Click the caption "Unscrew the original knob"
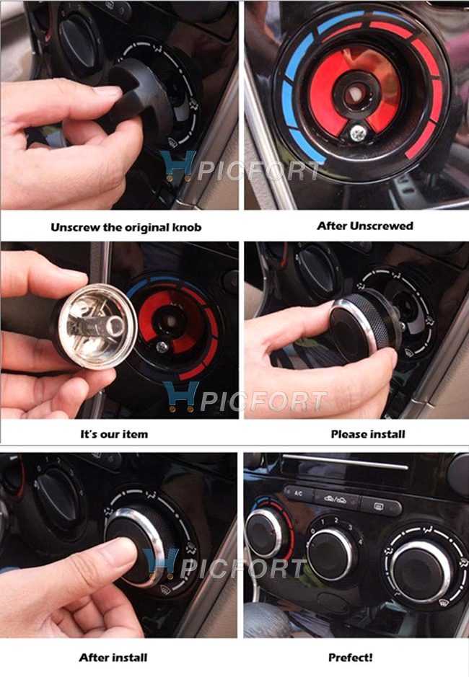pos(126,227)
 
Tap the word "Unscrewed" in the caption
pos(382,226)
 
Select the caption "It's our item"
pos(114,434)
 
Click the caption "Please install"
pos(368,434)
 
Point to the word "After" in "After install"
pos(92,658)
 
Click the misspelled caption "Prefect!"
pos(351,658)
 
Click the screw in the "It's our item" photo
pos(162,346)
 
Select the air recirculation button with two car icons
pos(336,500)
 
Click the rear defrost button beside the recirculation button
pos(380,504)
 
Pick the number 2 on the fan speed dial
pos(336,521)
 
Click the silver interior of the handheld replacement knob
pos(97,327)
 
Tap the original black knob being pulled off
pos(133,97)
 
